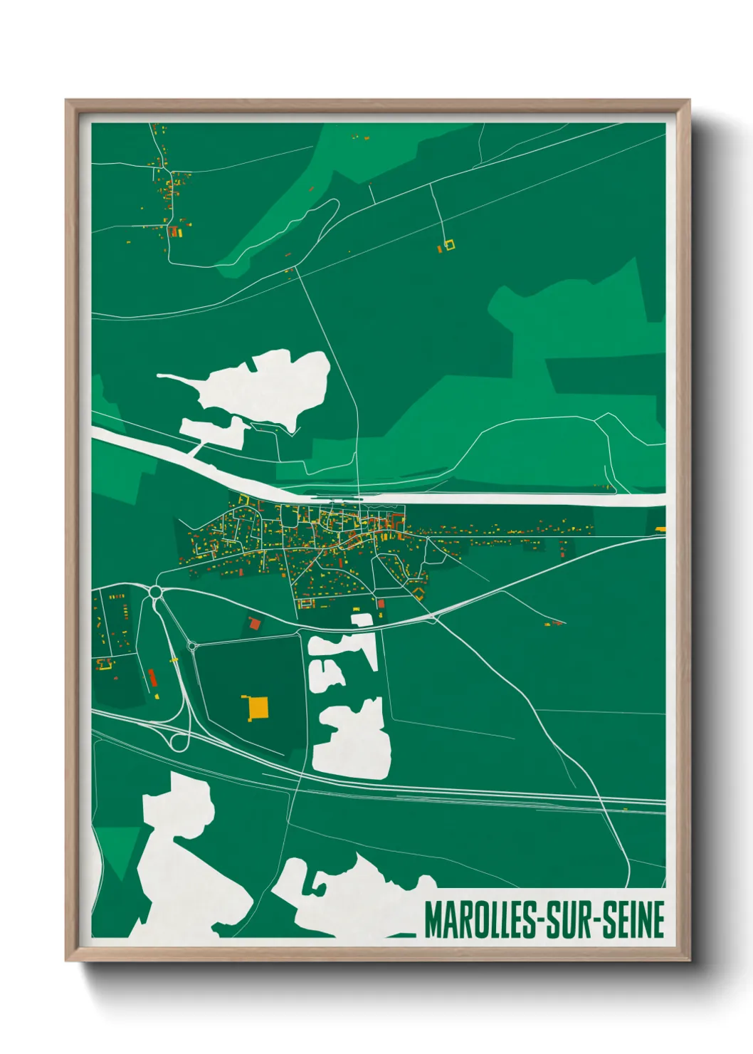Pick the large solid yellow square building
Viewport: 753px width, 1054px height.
[x=257, y=707]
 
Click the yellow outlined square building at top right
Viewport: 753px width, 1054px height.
[x=448, y=245]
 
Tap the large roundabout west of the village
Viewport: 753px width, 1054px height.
[x=156, y=591]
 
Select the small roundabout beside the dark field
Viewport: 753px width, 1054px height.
[x=191, y=647]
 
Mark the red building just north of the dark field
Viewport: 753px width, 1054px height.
[x=254, y=624]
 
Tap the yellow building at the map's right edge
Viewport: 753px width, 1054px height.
[x=660, y=529]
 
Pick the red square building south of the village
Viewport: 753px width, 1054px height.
[x=381, y=604]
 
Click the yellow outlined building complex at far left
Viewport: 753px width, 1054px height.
[x=105, y=665]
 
